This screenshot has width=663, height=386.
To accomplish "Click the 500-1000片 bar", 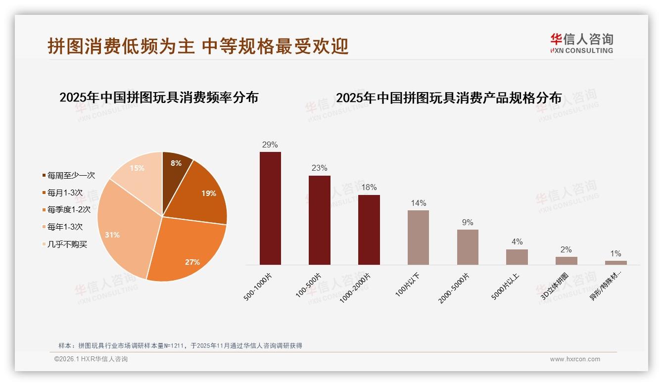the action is tap(270, 208).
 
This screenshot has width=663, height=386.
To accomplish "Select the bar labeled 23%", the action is tap(319, 220).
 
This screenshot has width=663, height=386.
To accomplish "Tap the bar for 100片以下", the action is tap(418, 238).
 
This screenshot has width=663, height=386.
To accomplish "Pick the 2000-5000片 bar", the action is tap(468, 247).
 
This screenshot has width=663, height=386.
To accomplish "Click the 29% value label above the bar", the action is tap(270, 145).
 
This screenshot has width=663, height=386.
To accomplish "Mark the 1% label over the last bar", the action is tap(616, 254).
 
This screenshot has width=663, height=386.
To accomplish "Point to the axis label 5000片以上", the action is tap(506, 286).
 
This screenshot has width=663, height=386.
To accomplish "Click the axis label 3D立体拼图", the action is tap(555, 286).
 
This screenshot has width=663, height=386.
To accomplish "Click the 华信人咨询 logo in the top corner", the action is tap(582, 43).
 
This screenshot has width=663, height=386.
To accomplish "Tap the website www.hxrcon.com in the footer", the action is tap(575, 359).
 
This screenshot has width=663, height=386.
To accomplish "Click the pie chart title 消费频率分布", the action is tap(159, 97).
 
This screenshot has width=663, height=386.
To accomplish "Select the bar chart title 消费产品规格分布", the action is tap(449, 98).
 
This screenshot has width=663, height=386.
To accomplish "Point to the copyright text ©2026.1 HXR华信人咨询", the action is tap(91, 359).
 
